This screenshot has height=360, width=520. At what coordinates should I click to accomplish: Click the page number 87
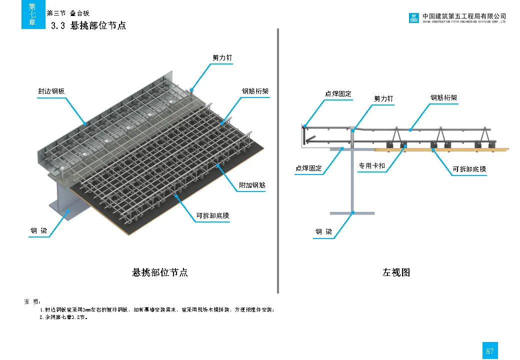(489, 351)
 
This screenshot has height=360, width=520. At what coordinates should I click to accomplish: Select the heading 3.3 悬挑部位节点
(88, 25)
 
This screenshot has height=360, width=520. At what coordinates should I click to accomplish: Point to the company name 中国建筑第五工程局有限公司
(464, 16)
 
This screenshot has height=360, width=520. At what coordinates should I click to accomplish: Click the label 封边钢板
(51, 91)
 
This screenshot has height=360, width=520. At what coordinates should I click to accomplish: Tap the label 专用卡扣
(371, 165)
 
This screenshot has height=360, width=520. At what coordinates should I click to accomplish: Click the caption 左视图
(396, 272)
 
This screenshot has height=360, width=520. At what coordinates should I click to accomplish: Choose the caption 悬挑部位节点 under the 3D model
(160, 272)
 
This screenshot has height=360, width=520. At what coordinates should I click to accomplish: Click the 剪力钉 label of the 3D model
(222, 58)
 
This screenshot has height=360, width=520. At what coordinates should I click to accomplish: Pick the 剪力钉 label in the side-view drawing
(383, 99)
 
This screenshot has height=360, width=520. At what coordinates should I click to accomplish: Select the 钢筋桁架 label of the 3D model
(255, 91)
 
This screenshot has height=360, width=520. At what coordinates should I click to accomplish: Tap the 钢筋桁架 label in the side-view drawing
(443, 98)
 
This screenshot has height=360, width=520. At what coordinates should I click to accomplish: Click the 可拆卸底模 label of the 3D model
(212, 216)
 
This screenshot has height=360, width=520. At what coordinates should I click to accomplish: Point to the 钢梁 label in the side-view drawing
(323, 232)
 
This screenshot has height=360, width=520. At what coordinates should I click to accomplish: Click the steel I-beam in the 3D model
(62, 200)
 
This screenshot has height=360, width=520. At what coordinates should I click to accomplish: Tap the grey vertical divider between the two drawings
(277, 160)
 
